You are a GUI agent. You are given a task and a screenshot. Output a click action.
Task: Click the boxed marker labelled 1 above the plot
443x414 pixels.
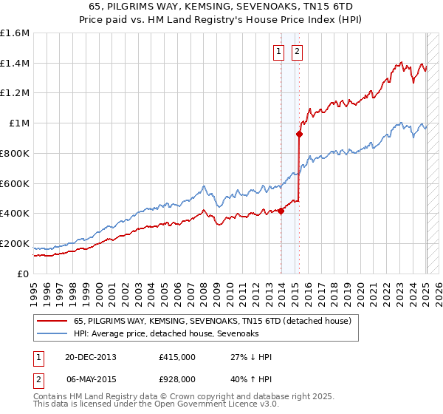(x=279, y=52)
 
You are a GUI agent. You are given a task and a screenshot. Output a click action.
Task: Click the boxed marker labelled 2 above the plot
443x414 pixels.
(x=297, y=52)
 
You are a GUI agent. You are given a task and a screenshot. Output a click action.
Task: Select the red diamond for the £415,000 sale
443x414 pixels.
(x=281, y=211)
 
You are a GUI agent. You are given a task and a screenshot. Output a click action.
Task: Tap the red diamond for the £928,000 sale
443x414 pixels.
(x=299, y=134)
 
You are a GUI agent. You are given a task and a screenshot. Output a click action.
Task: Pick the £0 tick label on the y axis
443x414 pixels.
(x=23, y=274)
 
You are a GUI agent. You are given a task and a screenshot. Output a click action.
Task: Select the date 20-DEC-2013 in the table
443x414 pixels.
(x=91, y=357)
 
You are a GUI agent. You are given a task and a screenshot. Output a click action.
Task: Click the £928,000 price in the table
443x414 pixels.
(x=177, y=379)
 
